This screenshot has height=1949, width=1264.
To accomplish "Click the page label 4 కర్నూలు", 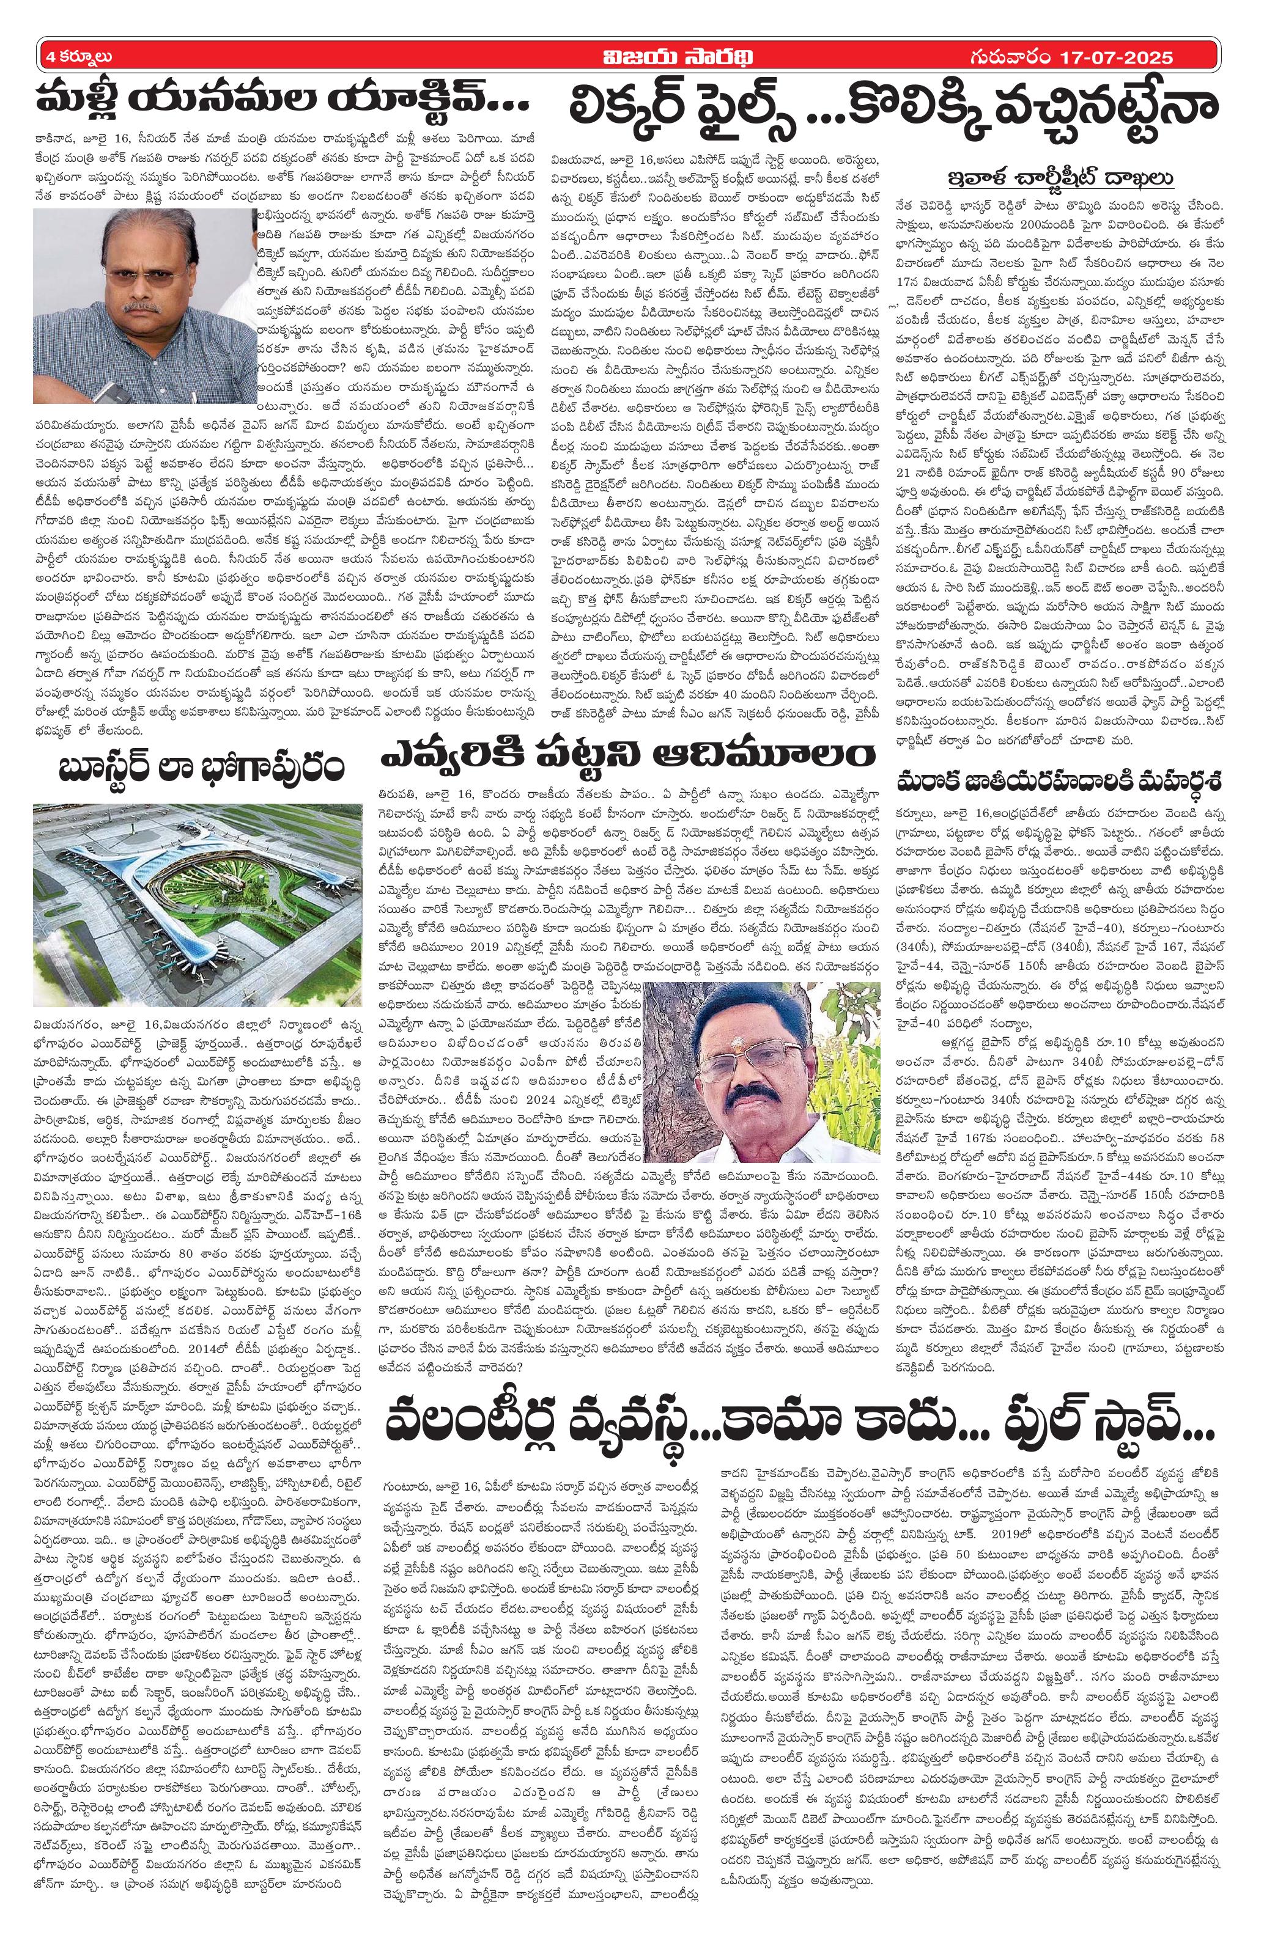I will click(x=78, y=58).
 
